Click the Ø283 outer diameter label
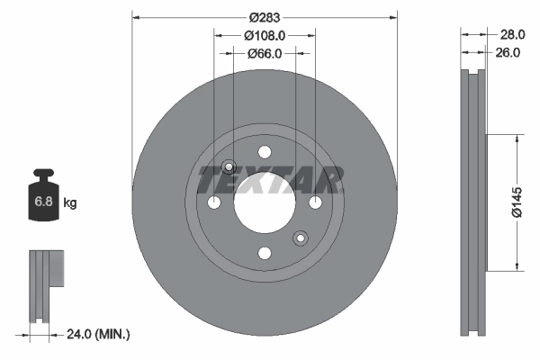[x=265, y=17]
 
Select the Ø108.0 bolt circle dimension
[x=265, y=35]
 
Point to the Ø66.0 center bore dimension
[x=265, y=53]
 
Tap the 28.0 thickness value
[x=511, y=34]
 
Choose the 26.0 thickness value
[x=509, y=53]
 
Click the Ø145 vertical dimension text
[x=516, y=202]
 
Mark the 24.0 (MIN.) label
[x=99, y=334]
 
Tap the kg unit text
[x=70, y=203]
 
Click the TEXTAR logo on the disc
[x=270, y=181]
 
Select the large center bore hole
[x=265, y=203]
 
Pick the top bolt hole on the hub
[x=265, y=153]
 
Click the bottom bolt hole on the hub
[x=265, y=254]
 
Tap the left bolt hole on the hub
[x=214, y=203]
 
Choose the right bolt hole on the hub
[x=315, y=203]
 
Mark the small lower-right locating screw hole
[x=301, y=238]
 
